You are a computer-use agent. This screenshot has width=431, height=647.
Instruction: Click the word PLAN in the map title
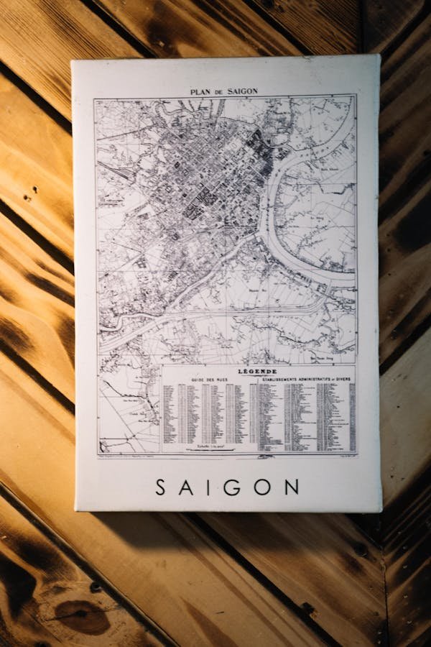tap(200, 92)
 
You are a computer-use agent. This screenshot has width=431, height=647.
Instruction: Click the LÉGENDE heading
tap(257, 371)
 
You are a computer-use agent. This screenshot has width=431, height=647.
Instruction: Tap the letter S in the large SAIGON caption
tap(161, 487)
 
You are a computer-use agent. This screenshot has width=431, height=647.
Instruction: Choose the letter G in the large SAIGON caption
tap(233, 487)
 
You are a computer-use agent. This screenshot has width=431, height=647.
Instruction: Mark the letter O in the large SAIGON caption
tap(262, 487)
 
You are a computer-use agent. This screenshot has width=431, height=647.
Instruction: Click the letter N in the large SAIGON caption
tap(291, 487)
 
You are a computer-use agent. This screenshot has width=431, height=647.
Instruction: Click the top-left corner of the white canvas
tap(72, 61)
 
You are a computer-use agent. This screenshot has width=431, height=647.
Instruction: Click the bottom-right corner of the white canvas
tap(381, 511)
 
